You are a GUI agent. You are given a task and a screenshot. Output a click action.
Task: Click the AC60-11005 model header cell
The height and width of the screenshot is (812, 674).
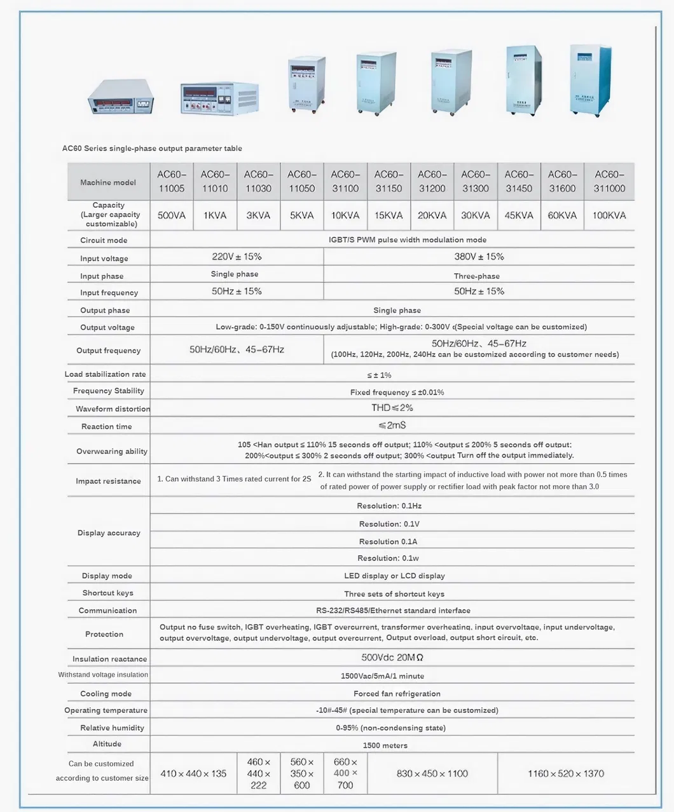click(x=171, y=182)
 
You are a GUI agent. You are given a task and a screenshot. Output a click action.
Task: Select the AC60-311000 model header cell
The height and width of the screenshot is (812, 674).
click(x=609, y=182)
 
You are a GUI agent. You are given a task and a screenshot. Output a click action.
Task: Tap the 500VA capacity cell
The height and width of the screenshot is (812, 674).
click(x=171, y=215)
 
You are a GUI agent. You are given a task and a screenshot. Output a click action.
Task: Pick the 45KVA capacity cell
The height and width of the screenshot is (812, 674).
click(x=519, y=215)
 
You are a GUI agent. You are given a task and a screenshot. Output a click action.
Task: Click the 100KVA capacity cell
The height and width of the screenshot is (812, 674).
click(x=609, y=215)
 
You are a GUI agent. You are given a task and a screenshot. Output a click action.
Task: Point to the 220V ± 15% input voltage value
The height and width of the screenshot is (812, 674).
click(x=237, y=257)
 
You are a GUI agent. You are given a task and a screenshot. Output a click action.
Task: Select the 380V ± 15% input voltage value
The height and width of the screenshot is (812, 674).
click(x=478, y=257)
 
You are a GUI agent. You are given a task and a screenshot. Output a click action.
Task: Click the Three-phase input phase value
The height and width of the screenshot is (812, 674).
click(x=477, y=276)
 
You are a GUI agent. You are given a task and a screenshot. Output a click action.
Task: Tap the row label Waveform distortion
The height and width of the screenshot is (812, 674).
click(x=113, y=409)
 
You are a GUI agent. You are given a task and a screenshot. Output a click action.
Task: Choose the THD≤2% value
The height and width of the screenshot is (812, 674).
click(x=392, y=408)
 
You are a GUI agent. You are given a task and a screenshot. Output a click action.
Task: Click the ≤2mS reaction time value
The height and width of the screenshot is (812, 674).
click(x=392, y=425)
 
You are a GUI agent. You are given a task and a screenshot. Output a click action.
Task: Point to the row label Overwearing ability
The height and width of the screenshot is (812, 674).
click(x=112, y=451)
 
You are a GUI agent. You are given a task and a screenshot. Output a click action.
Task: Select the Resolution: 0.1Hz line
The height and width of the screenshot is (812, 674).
click(x=389, y=506)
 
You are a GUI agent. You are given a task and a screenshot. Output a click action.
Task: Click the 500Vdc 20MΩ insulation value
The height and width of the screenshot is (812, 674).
click(x=392, y=658)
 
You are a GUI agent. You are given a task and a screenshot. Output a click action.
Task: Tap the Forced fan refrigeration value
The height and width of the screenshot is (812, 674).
click(x=397, y=693)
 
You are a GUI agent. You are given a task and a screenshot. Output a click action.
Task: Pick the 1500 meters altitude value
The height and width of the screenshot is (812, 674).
click(x=385, y=745)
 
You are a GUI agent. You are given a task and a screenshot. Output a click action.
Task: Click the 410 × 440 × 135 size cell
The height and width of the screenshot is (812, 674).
click(x=193, y=773)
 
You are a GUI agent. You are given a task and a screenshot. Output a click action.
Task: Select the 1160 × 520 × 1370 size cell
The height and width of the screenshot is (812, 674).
click(x=566, y=773)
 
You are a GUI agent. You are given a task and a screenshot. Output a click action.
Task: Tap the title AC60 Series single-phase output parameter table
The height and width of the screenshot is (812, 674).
click(x=152, y=148)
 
